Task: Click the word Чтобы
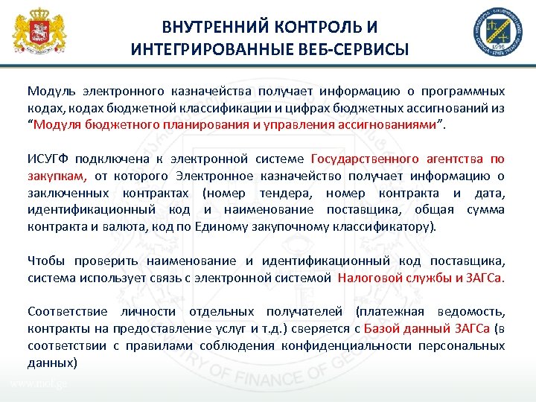[44, 261]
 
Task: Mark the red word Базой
[381, 328]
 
